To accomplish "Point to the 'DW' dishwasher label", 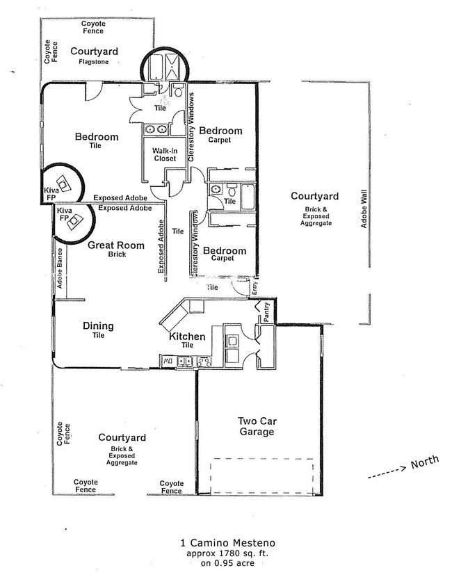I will (x=166, y=361).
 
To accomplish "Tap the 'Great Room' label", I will (x=116, y=245).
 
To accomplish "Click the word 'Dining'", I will (x=98, y=325).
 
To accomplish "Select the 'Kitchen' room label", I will (x=187, y=336).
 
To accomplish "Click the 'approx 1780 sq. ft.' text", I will (x=222, y=552).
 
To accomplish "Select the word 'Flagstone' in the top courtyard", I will (x=94, y=62).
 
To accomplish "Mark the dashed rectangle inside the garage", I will (x=264, y=476).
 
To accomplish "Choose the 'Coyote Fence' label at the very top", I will (x=93, y=26).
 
